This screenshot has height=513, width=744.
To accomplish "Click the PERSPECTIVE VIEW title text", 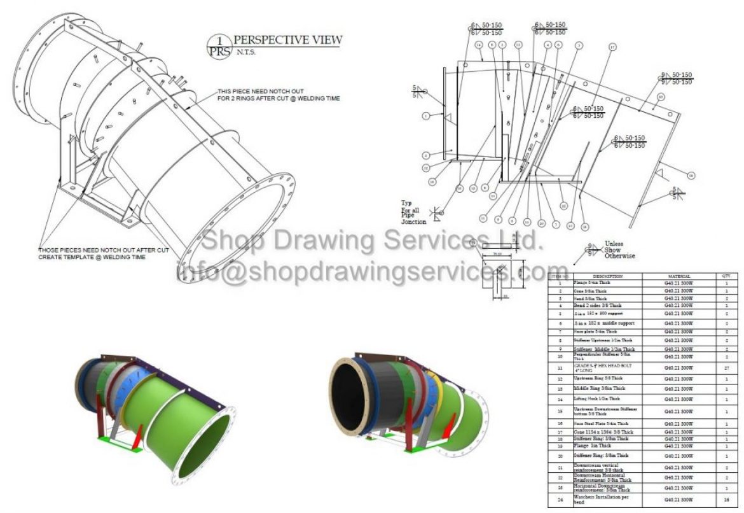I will click(287, 39).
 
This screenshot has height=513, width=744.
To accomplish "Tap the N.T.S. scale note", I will click(247, 52).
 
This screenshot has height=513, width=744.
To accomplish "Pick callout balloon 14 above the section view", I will click(478, 45).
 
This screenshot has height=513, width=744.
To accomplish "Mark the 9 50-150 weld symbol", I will click(676, 79).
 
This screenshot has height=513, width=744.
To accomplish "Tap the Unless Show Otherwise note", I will click(613, 249).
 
